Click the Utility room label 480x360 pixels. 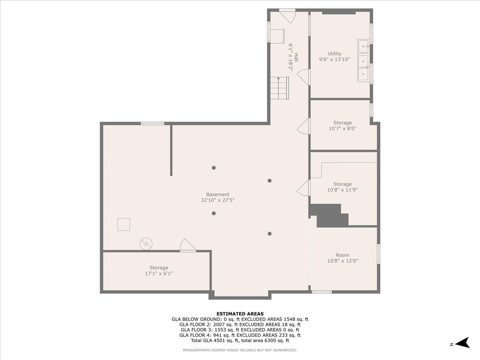334,54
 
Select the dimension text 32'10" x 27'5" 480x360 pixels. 218,200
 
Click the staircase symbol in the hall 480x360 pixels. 279,88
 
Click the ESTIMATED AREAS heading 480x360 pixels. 240,314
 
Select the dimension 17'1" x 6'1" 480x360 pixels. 159,274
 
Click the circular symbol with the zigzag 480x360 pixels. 146,243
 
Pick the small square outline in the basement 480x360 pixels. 124,224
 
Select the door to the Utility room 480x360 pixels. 304,77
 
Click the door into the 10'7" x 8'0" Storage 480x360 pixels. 304,126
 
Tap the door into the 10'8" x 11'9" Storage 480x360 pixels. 304,188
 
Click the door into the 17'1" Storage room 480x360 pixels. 187,246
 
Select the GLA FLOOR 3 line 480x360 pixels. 240,330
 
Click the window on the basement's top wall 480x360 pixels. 152,123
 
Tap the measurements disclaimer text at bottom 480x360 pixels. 240,350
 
